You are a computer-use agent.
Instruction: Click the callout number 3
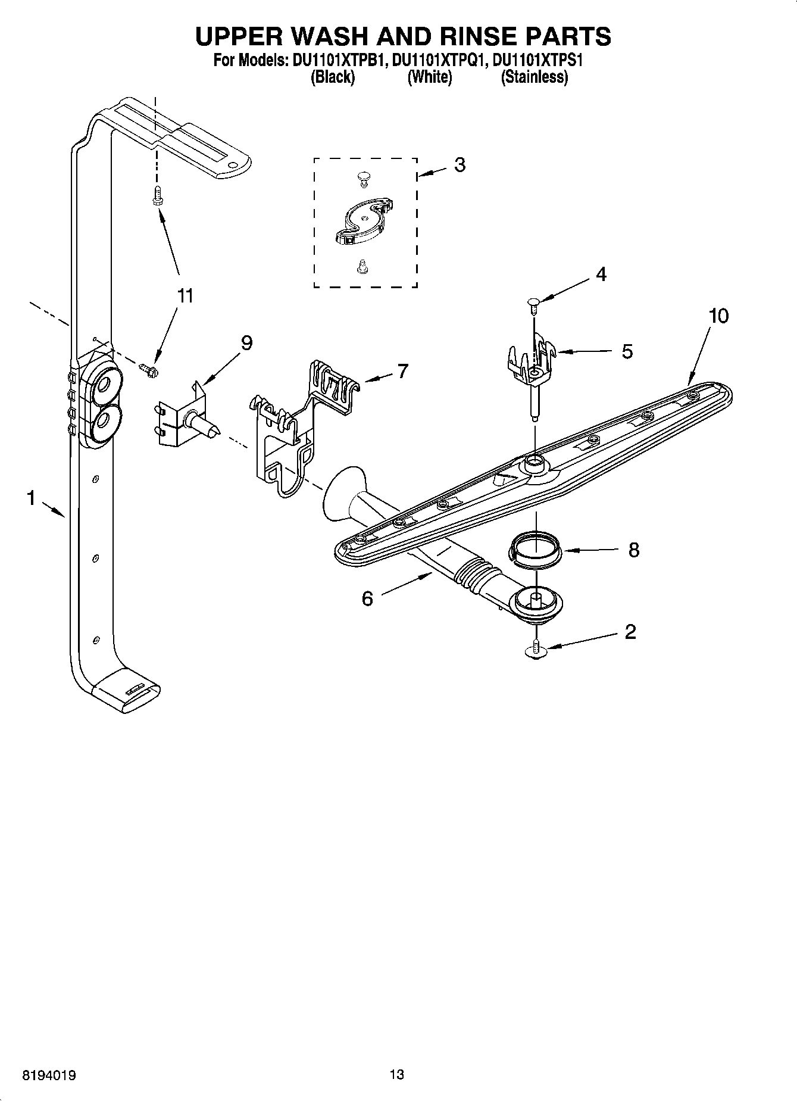460,165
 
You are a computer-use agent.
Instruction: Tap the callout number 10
718,316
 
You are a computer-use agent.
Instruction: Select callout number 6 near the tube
367,598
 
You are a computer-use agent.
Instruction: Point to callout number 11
185,296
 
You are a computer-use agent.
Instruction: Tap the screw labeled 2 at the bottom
536,649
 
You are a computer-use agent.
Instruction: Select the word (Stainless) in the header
534,77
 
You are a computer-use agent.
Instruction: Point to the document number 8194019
49,1075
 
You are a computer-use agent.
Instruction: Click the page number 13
397,1075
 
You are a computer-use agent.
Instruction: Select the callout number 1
31,498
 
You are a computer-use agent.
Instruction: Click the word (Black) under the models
333,77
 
